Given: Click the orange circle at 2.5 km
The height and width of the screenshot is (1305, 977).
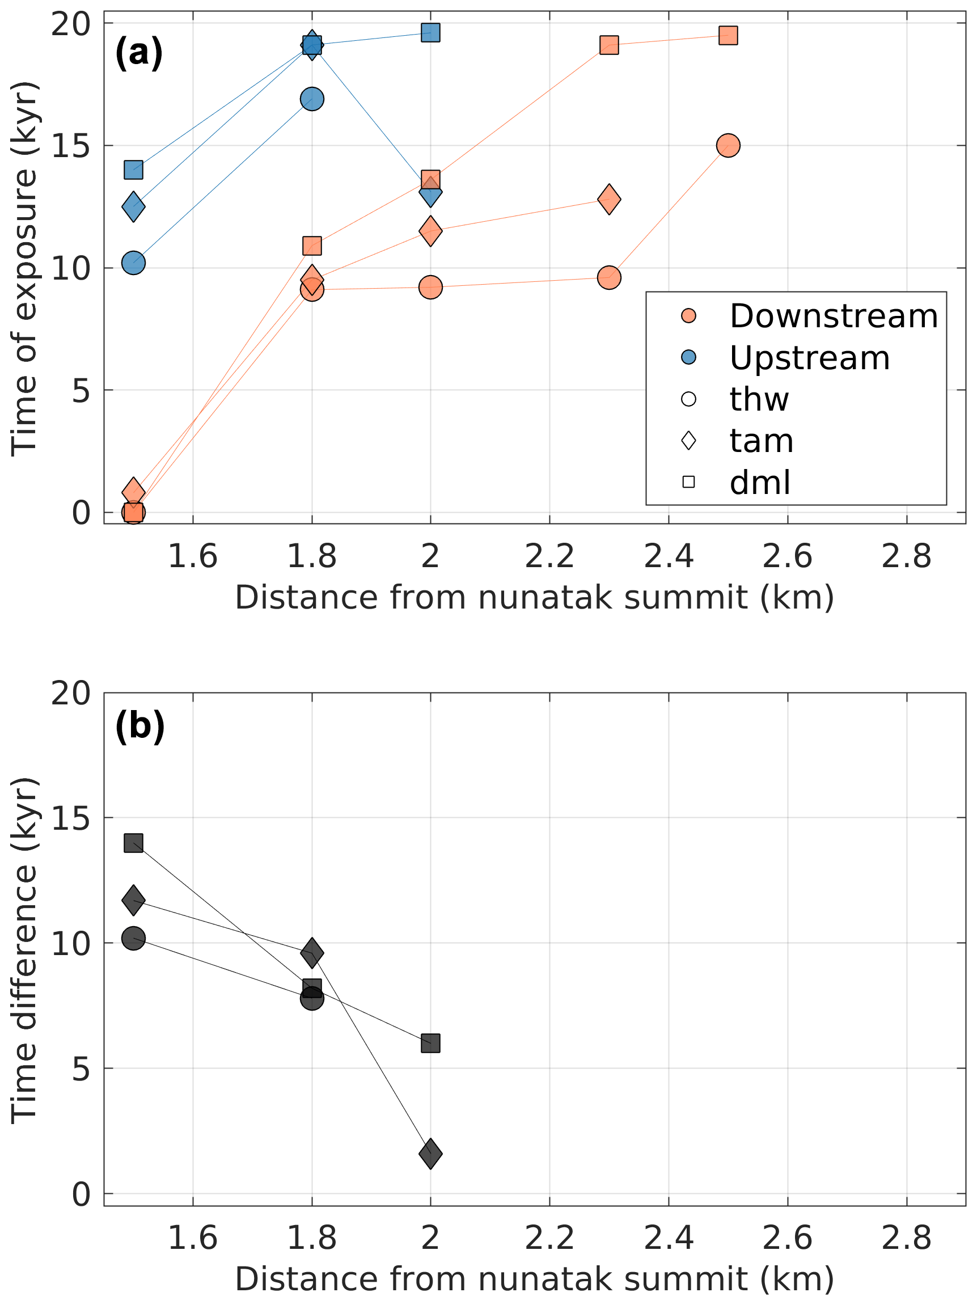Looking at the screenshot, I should coord(728,146).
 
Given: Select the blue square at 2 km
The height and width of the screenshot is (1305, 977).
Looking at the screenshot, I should coord(431,32).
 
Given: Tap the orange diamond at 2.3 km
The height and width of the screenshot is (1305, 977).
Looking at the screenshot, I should coord(609,200).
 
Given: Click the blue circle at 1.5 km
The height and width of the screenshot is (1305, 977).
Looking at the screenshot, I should coord(133,263).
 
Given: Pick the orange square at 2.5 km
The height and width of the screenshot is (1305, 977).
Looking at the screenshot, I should coord(728,35).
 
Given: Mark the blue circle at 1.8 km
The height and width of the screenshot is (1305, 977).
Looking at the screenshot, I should coord(312,99).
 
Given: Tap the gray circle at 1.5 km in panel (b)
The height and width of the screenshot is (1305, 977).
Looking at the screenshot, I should coord(133,938).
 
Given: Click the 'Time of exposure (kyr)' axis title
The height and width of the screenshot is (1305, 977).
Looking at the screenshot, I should coord(25,269).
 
